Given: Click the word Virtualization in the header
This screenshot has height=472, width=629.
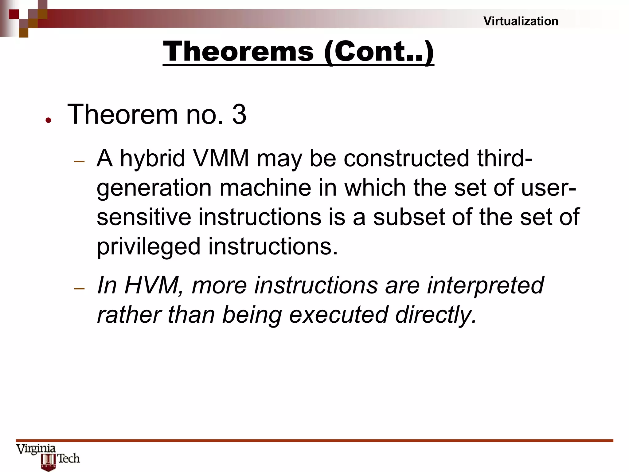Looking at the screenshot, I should (x=521, y=21).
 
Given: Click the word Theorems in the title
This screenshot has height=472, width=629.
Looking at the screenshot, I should (x=238, y=51).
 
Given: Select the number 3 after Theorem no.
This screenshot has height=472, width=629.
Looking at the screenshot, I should (x=239, y=115).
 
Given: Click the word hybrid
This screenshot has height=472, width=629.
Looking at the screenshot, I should (x=152, y=159).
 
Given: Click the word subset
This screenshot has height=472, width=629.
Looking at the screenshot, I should (x=408, y=217).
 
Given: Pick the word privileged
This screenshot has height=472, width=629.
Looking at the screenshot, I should (x=149, y=247).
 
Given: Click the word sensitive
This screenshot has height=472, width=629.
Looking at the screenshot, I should (x=144, y=217).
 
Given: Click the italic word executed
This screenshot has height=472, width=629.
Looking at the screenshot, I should (x=338, y=315).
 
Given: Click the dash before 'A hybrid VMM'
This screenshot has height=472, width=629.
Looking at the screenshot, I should (x=79, y=161).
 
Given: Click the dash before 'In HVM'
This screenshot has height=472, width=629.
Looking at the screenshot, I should (x=79, y=288).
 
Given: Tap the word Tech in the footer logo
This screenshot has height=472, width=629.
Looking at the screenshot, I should (x=68, y=458).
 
